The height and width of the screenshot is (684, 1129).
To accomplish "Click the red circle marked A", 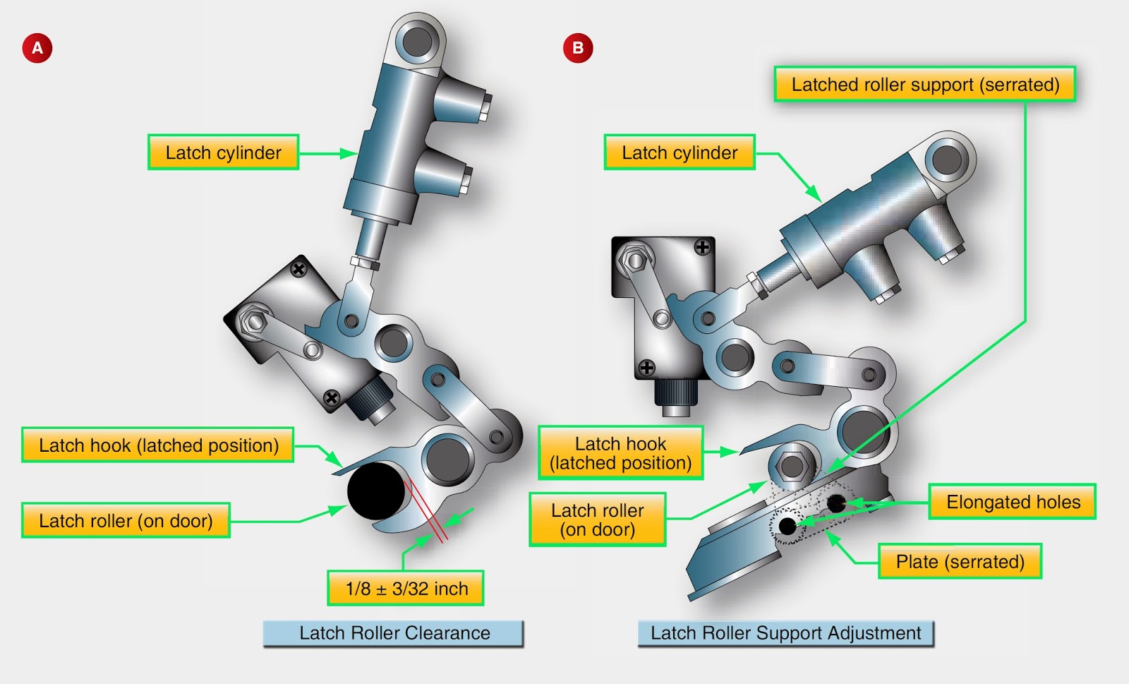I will pyautogui.click(x=37, y=48).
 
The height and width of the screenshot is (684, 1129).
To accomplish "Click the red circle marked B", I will pyautogui.click(x=578, y=48).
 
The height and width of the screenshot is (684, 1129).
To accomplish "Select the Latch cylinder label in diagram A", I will pyautogui.click(x=223, y=152).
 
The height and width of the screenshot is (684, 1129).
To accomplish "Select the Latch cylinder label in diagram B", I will pyautogui.click(x=679, y=152).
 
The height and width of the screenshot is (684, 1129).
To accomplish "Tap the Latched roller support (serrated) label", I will pyautogui.click(x=924, y=85).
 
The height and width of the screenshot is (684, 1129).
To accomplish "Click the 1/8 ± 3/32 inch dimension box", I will pyautogui.click(x=406, y=588).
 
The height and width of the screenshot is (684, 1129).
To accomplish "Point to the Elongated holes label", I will pyautogui.click(x=1013, y=502).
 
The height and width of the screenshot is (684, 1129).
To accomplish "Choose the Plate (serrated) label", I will pyautogui.click(x=960, y=562).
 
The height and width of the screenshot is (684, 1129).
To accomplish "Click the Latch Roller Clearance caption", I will pyautogui.click(x=394, y=632).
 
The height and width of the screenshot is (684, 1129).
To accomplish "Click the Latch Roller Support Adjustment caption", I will pyautogui.click(x=785, y=632).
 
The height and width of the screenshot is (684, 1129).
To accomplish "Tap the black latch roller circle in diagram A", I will pyautogui.click(x=376, y=490).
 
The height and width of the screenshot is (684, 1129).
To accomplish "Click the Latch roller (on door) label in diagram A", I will pyautogui.click(x=126, y=521).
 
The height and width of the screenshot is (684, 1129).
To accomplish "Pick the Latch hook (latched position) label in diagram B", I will pyautogui.click(x=620, y=453).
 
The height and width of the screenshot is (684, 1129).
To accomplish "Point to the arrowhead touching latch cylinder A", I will pyautogui.click(x=349, y=153).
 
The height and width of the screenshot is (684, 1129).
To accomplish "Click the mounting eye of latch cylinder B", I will pyautogui.click(x=946, y=160).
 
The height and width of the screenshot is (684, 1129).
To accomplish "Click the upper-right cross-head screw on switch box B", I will pyautogui.click(x=702, y=247).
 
